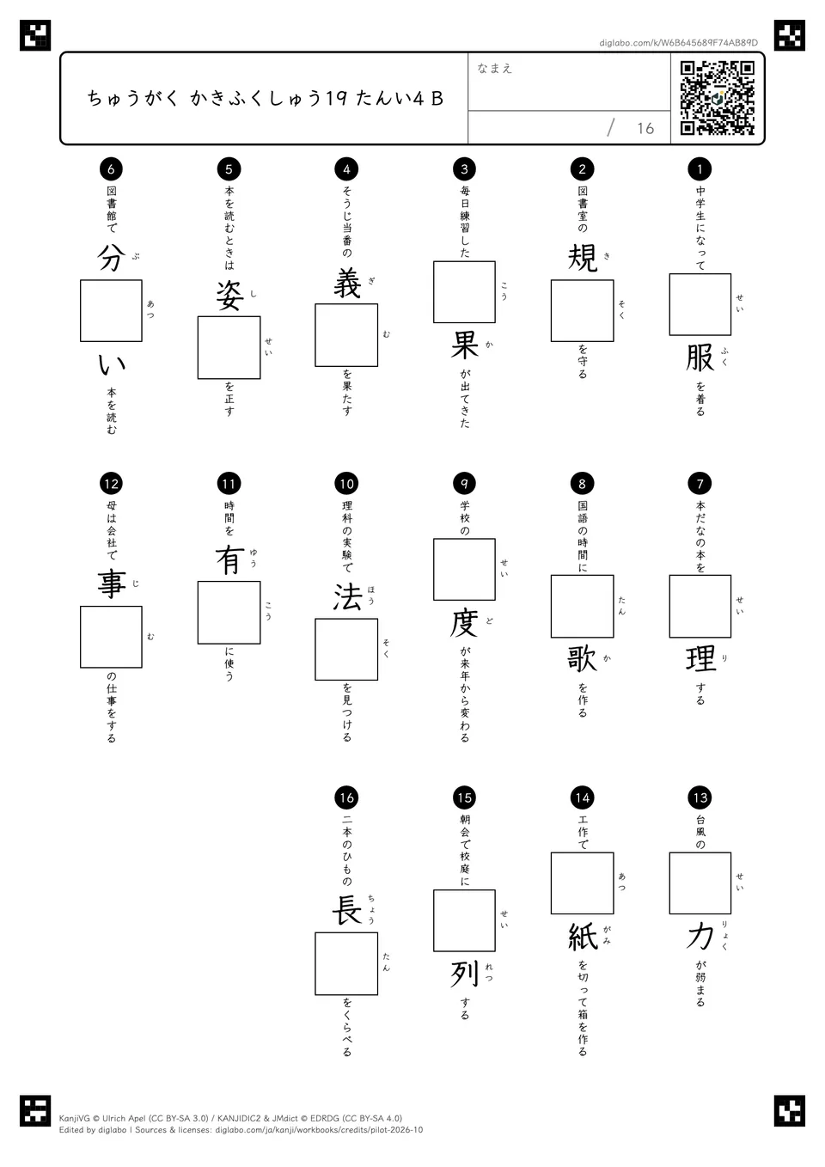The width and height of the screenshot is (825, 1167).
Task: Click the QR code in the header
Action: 718,98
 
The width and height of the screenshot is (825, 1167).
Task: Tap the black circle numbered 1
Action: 700,168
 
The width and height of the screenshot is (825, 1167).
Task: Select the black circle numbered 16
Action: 346,797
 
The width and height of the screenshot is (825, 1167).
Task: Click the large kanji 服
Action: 700,359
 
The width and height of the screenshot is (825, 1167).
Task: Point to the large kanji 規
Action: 583,258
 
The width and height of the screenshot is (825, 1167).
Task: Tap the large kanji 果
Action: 464,345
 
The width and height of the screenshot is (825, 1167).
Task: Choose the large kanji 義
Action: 347,283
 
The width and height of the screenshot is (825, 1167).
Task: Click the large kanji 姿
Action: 229,296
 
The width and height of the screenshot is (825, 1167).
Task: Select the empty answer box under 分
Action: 111,311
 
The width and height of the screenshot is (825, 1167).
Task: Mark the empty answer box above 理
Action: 700,607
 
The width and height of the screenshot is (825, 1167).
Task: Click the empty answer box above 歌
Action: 583,607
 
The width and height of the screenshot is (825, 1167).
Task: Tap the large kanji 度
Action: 464,623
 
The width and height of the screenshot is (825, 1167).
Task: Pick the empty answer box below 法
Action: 346,650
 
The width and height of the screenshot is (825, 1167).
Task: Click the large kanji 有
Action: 229,560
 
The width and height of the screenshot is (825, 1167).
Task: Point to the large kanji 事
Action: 112,584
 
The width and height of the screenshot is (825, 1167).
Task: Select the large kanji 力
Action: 700,936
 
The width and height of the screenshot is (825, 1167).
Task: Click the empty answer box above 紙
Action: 583,883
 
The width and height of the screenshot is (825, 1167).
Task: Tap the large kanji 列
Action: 464,974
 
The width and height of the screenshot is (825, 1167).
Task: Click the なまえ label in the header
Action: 495,68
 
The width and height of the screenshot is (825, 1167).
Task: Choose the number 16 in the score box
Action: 645,128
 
